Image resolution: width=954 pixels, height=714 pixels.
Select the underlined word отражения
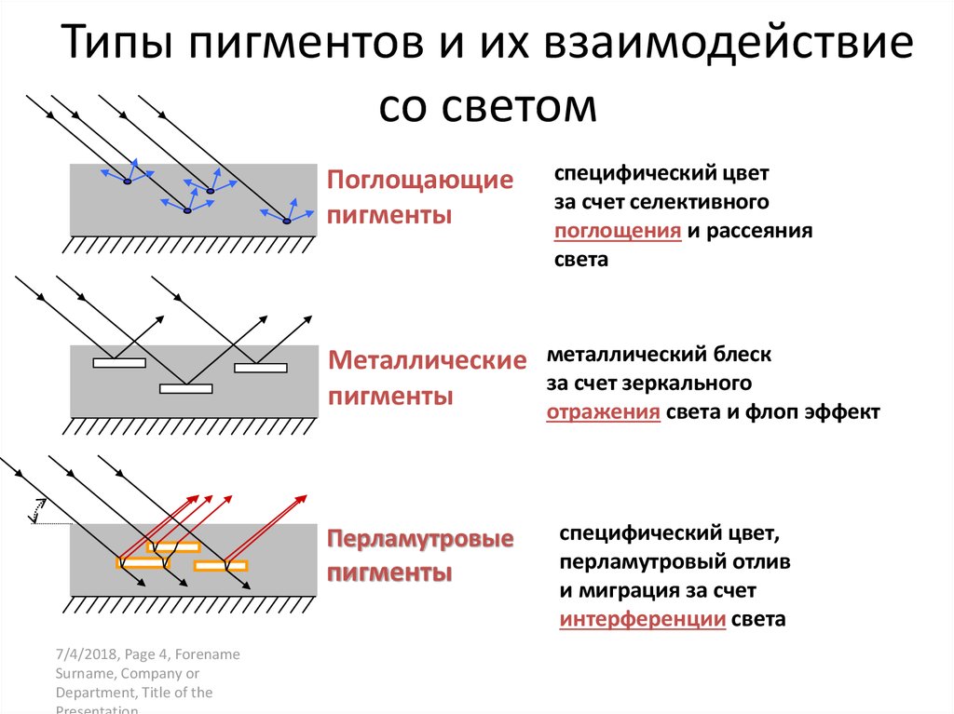[x=604, y=411]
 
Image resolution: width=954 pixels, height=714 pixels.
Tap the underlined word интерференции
[x=643, y=619]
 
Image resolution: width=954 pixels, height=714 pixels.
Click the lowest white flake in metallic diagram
[x=186, y=388]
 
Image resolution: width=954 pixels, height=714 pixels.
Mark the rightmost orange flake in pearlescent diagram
[x=221, y=565]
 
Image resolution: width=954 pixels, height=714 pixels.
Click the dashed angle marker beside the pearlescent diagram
[x=37, y=510]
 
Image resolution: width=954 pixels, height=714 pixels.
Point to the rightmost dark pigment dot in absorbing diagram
[x=287, y=222]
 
